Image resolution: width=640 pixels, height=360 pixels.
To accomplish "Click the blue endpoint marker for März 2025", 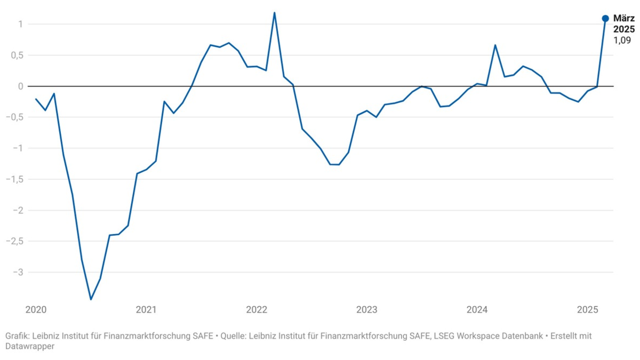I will click(x=605, y=19).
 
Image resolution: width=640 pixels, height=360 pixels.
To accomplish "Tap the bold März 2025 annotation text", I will click(x=623, y=24).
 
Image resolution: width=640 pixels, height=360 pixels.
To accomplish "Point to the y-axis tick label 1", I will click(x=19, y=24).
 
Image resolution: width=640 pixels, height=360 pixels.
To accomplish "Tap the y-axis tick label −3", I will click(x=17, y=272).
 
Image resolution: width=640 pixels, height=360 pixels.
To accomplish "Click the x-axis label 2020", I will click(x=36, y=310).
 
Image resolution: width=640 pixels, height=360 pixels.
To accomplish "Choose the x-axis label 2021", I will click(x=146, y=310).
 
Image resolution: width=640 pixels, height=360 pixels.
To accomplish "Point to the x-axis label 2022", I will click(x=257, y=310).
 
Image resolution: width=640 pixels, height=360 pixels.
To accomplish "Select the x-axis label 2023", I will click(x=367, y=310).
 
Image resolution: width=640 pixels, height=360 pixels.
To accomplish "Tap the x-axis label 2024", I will click(x=477, y=310).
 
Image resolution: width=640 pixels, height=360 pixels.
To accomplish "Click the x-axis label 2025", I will click(x=588, y=310).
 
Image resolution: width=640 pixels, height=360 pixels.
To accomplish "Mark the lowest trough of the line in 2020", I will click(x=91, y=299).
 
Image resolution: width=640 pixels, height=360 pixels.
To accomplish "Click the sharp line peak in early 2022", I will click(x=274, y=13).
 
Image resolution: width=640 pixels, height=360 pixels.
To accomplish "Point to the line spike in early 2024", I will click(x=495, y=45).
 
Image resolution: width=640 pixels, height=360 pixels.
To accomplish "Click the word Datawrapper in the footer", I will click(x=30, y=346).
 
